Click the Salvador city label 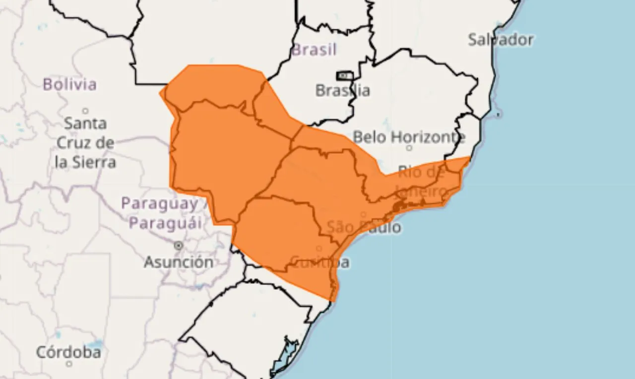[x=501, y=40]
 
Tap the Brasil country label [x=314, y=50]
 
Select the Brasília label [x=342, y=91]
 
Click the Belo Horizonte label [x=409, y=136]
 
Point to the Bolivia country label [x=69, y=84]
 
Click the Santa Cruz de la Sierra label [x=85, y=142]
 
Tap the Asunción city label [x=179, y=262]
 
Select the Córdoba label [x=68, y=353]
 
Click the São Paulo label [x=364, y=228]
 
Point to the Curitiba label [x=320, y=262]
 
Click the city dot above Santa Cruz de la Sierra [x=85, y=111]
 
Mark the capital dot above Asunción [x=178, y=246]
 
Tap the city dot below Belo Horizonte [x=409, y=148]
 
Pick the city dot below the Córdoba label [x=69, y=364]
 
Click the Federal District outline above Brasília [x=344, y=76]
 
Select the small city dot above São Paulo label [x=364, y=215]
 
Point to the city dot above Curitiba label [x=319, y=249]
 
